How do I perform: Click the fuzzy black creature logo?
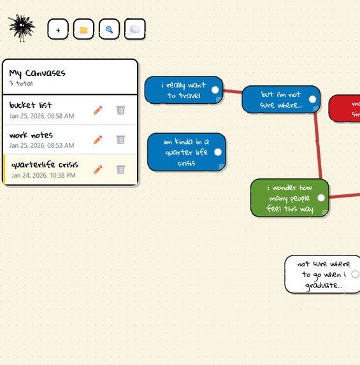coord(22,28)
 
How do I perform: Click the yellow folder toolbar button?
coord(83,29)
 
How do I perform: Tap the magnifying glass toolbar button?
coord(109,29)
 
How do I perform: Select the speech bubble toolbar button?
coord(134,29)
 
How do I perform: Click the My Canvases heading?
coord(38,73)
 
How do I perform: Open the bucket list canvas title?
coord(31,105)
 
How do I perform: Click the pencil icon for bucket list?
coord(97,110)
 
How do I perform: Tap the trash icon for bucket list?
coord(120,110)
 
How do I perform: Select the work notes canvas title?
coord(31,135)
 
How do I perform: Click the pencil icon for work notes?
coord(97,140)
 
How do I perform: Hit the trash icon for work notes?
coord(120,140)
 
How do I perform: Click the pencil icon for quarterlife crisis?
coord(97,169)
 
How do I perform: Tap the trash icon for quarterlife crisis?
coord(120,169)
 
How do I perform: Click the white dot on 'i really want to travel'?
coord(215,90)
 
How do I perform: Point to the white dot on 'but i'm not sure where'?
coord(312,99)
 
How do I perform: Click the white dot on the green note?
coord(321,198)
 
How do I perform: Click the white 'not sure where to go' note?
coord(319,274)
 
